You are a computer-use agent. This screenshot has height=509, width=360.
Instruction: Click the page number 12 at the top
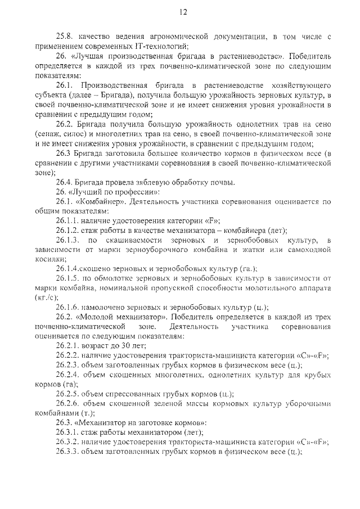(x=183, y=12)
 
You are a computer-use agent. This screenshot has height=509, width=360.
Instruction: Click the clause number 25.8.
(x=65, y=37)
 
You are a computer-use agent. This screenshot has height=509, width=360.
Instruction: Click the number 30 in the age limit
(x=124, y=345)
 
